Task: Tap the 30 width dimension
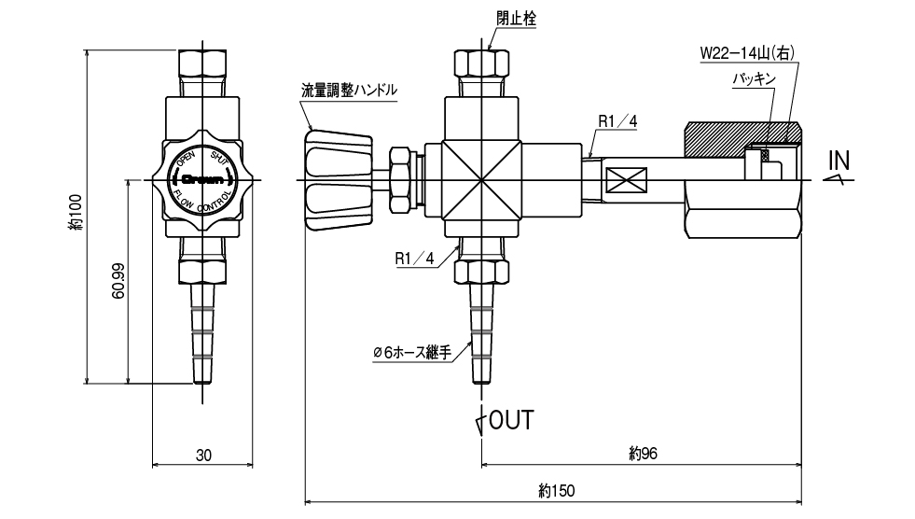tap(204, 456)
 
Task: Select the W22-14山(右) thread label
tap(746, 53)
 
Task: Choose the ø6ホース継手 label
tap(412, 353)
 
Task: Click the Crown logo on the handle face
tap(201, 177)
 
